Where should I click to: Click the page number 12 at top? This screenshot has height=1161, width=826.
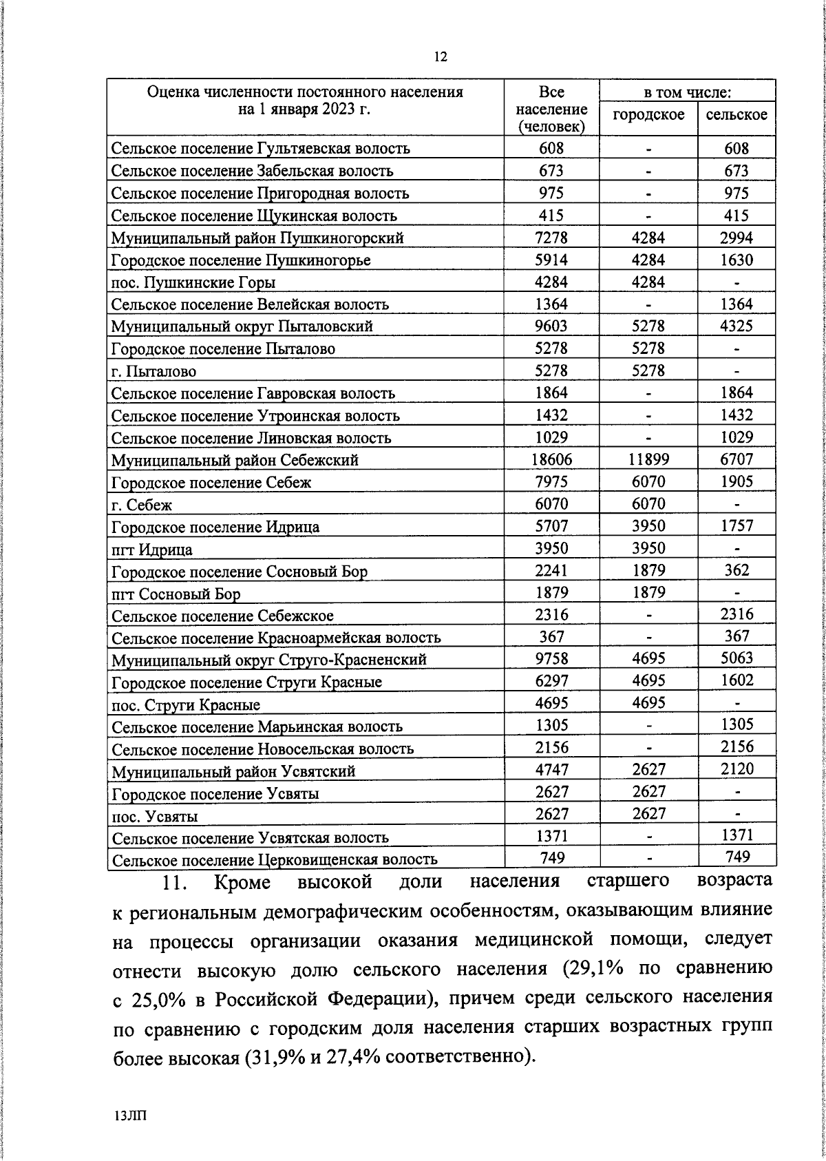coord(441,57)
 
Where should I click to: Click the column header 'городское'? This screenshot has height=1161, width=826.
coord(648,114)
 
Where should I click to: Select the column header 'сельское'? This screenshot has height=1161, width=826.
coord(737,114)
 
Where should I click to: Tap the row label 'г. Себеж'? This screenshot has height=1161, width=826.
coord(142,505)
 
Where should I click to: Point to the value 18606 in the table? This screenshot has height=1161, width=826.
coord(551,460)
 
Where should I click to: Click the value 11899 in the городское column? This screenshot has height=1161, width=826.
coord(648,460)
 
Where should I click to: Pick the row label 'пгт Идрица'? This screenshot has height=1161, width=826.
coord(152,550)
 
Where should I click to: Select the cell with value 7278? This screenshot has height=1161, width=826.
coord(551,238)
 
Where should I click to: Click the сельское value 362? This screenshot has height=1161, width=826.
coord(737,570)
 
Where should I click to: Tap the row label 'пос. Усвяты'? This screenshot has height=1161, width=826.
coord(155,816)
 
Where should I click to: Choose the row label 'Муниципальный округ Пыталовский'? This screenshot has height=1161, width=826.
coord(242,326)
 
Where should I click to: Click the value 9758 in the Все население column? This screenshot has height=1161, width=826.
coord(551,659)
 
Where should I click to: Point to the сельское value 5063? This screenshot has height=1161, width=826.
coord(737,659)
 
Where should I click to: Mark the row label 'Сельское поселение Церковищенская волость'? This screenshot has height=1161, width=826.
coord(275,859)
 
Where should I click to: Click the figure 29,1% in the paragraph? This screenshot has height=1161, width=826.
coord(597,967)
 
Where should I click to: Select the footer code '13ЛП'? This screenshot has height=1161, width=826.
coord(131,1116)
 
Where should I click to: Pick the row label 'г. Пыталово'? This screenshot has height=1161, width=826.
coord(153,371)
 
